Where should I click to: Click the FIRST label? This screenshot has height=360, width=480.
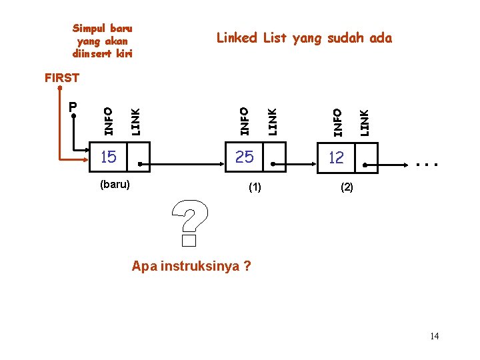61,78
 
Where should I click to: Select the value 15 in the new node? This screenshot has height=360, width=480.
108,157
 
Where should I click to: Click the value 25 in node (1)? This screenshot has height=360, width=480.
245,157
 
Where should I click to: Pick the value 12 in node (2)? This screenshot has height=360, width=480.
336,157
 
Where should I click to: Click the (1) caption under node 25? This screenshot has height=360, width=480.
255,187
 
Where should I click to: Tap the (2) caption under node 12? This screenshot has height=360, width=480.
347,187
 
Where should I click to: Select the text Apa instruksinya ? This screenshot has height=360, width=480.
191,267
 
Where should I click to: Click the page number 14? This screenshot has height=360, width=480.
434,336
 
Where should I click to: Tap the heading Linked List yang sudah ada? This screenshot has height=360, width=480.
305,38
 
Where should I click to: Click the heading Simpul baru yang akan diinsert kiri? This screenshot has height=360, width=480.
103,41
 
